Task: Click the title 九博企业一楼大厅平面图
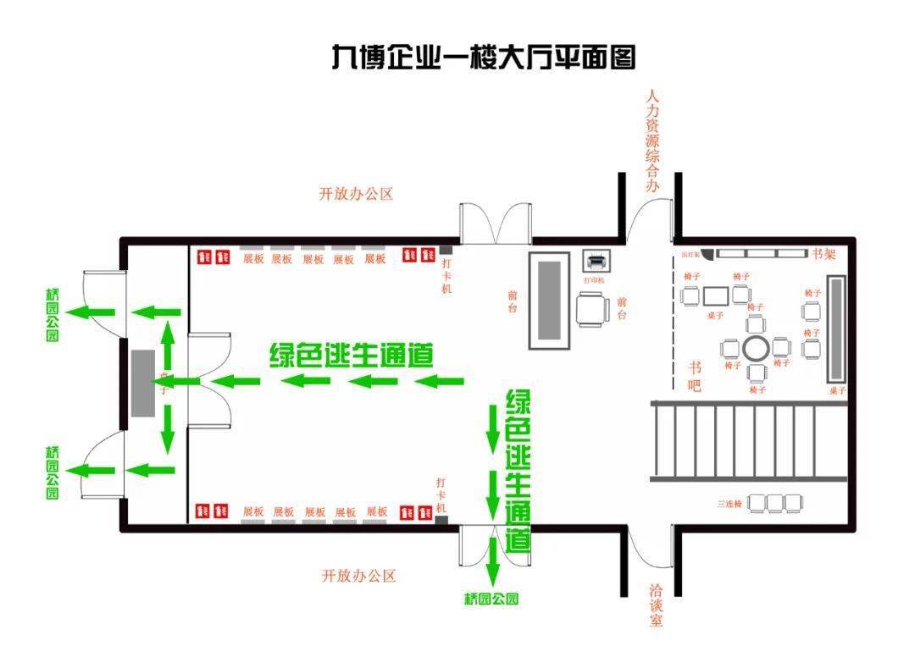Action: [x=483, y=58]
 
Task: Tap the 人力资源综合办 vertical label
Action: [x=652, y=140]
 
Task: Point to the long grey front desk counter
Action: [x=551, y=300]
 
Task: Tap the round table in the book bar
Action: [x=756, y=347]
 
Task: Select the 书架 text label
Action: [x=823, y=254]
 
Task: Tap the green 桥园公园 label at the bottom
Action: [x=491, y=599]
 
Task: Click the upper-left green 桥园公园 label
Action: [x=53, y=314]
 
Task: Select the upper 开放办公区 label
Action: [x=356, y=194]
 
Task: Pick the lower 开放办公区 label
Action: [x=358, y=577]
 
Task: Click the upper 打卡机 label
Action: [x=446, y=276]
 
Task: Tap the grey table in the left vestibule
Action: [x=142, y=382]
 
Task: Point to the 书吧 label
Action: [x=695, y=376]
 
